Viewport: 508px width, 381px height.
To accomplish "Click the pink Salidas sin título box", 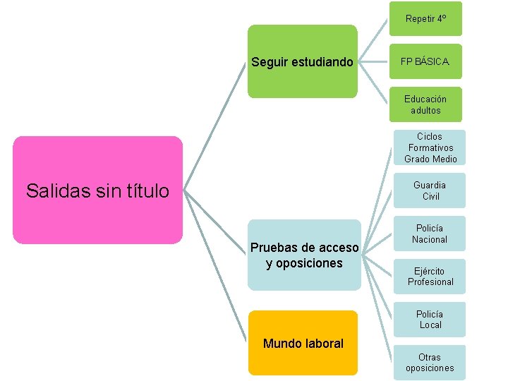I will (x=97, y=190).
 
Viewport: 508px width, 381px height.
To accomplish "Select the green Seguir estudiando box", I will (x=302, y=61).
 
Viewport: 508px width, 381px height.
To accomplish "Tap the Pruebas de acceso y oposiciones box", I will (x=303, y=255).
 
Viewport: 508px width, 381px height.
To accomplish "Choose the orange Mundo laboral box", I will (x=303, y=343).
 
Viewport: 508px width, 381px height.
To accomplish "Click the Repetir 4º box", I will (x=425, y=19).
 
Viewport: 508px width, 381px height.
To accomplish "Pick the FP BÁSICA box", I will (x=425, y=61).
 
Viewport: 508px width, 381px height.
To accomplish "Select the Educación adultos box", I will (x=425, y=104).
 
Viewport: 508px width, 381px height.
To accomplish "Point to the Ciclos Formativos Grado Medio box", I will (x=430, y=147).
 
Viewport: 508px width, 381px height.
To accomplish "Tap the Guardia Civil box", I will (x=430, y=190).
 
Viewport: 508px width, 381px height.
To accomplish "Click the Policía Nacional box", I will (x=430, y=234).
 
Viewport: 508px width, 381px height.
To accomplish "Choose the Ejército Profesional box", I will (x=430, y=277).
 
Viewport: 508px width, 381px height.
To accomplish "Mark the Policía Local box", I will (x=430, y=319).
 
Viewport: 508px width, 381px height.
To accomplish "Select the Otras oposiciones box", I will (x=430, y=363).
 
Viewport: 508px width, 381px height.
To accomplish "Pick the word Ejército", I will (x=430, y=271).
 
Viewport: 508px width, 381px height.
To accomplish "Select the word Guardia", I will (x=430, y=185).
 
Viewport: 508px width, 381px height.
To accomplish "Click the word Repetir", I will (x=420, y=19).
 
